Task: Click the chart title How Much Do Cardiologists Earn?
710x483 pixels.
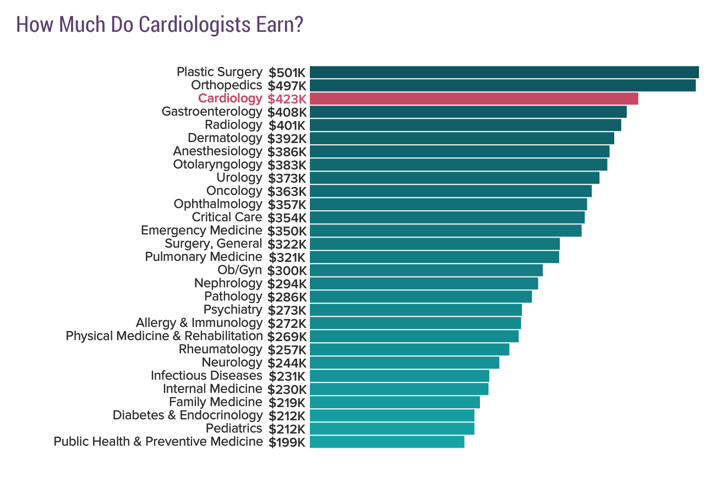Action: coord(160,25)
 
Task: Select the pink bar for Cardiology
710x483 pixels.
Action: coord(473,98)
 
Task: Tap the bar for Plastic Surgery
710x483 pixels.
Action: coord(504,72)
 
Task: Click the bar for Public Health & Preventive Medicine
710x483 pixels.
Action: coord(387,442)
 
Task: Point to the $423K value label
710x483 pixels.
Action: coord(286,99)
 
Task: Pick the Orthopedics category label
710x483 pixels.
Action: coord(226,85)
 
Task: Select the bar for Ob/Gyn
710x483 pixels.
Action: coord(426,270)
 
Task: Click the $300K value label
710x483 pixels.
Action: coord(286,271)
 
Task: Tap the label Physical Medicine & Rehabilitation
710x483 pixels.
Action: coord(164,336)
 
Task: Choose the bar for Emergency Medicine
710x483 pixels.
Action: coord(445,230)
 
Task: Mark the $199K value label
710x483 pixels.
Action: coord(287,442)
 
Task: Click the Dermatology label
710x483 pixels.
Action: coord(225,138)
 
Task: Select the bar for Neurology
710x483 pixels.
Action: coord(404,363)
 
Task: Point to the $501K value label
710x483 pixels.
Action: coord(287,73)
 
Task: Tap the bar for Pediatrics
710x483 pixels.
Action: coord(392,429)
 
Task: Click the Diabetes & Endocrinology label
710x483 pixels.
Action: coord(188,415)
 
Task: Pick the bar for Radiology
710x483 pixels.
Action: coord(465,125)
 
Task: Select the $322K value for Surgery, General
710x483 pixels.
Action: coord(286,244)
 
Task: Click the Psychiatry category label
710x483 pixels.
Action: coord(232,310)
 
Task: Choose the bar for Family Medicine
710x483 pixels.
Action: coord(395,402)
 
